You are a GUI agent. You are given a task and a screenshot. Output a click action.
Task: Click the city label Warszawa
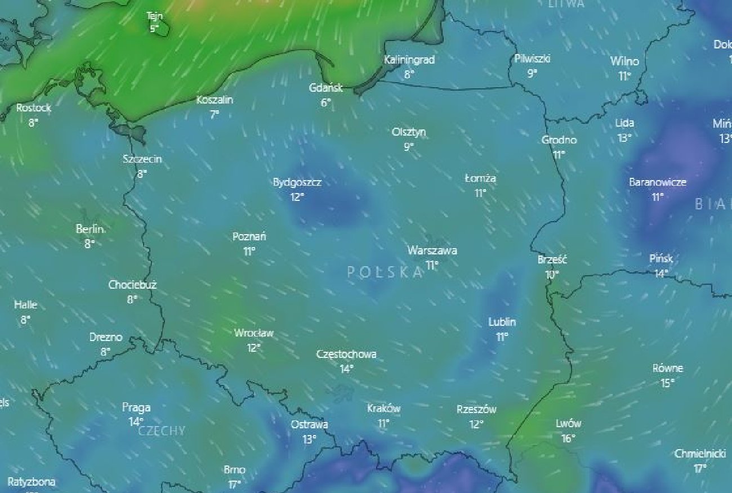click(x=432, y=250)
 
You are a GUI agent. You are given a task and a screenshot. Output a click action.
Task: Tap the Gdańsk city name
click(x=325, y=88)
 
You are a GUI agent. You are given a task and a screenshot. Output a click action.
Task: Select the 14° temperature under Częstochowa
click(x=346, y=369)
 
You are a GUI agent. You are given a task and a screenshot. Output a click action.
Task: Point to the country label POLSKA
click(x=385, y=272)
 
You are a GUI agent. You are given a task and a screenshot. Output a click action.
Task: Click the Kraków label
click(x=383, y=408)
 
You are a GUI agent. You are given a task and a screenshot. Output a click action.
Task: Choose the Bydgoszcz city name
click(x=297, y=182)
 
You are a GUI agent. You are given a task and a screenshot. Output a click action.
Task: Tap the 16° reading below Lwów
click(x=568, y=438)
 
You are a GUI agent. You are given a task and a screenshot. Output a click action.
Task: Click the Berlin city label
click(x=90, y=229)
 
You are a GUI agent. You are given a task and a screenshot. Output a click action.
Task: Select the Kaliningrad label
click(x=409, y=59)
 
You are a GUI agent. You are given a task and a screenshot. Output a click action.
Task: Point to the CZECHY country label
click(x=162, y=431)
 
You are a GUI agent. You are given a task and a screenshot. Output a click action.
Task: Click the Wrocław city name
click(x=253, y=333)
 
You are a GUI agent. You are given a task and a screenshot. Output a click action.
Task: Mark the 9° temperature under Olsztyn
click(x=409, y=147)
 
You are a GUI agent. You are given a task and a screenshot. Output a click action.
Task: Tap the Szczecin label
click(x=142, y=159)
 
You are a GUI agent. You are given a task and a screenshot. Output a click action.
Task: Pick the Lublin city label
click(x=502, y=322)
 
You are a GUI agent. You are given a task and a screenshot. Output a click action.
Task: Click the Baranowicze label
click(x=657, y=182)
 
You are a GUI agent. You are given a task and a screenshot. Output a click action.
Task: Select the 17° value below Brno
click(x=234, y=484)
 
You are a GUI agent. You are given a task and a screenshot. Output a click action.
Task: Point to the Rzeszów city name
click(x=476, y=410)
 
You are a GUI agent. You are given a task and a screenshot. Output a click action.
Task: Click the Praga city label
click(x=136, y=407)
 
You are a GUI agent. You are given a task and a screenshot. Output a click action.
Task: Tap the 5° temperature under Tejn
click(x=154, y=28)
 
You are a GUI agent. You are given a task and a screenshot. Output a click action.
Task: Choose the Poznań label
click(x=249, y=236)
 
